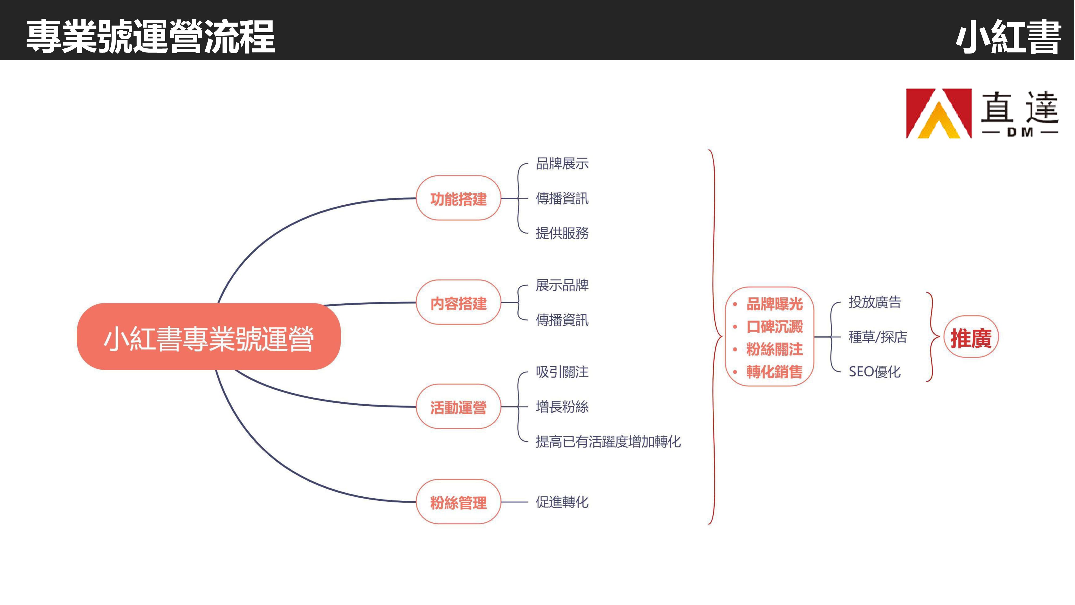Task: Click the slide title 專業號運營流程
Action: pos(150,37)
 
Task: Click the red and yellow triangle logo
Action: pos(938,113)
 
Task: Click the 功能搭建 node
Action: pos(458,199)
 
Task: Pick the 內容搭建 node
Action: pos(458,303)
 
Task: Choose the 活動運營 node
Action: pos(458,407)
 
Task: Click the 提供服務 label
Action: pos(562,233)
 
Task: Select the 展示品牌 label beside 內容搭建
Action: pos(562,286)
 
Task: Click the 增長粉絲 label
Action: pos(562,407)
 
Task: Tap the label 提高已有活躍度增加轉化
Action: pos(608,441)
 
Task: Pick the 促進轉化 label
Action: pos(562,502)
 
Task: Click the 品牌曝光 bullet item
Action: pos(774,304)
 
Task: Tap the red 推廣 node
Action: pos(971,337)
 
